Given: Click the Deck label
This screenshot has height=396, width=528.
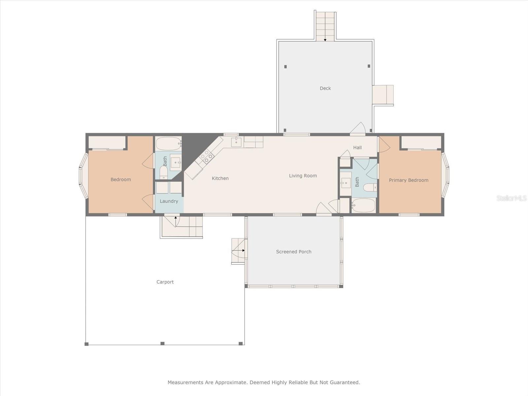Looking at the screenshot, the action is (x=325, y=88).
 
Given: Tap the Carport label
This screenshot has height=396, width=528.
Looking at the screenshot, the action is (x=165, y=282).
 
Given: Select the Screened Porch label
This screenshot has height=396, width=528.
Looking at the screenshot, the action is (x=294, y=252).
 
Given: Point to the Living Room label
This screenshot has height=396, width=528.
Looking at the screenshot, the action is (x=303, y=176).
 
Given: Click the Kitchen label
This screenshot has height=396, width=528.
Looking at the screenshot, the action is (x=220, y=179).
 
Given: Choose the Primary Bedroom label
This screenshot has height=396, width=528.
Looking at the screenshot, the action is (x=409, y=180).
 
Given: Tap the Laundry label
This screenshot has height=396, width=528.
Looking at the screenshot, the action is (x=169, y=201).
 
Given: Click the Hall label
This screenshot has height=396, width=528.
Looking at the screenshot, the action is (x=357, y=148).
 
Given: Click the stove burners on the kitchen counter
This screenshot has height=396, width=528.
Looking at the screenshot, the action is (x=206, y=156).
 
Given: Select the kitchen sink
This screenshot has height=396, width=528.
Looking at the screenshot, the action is (x=236, y=142).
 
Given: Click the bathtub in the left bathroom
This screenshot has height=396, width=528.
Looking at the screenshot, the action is (x=168, y=144).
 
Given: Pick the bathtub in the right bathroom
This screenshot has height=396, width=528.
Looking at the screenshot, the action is (x=363, y=205).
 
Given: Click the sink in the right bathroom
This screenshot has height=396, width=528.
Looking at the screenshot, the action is (x=346, y=183).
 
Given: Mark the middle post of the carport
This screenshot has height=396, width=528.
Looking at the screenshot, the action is (x=163, y=343).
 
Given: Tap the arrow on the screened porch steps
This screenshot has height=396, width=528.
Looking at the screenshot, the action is (x=238, y=250).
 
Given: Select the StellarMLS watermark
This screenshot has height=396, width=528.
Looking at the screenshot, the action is (x=511, y=198).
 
